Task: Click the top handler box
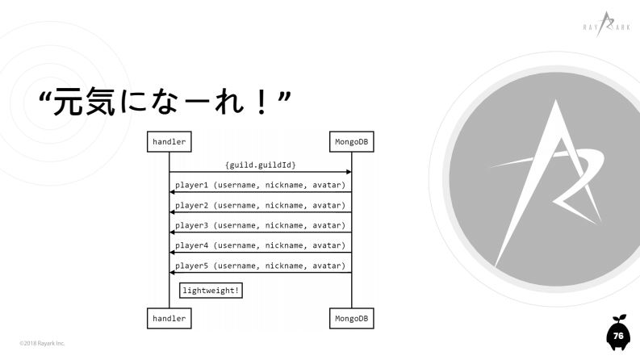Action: click(x=169, y=141)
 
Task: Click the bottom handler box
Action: click(x=169, y=318)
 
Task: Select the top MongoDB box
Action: click(x=351, y=141)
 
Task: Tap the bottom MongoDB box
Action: click(x=351, y=318)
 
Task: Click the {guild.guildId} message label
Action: click(x=261, y=165)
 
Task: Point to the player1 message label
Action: click(x=261, y=185)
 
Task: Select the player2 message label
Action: click(x=261, y=205)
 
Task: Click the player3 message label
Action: click(x=261, y=225)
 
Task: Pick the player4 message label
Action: click(x=261, y=245)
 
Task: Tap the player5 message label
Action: click(x=261, y=266)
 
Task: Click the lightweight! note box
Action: click(x=211, y=291)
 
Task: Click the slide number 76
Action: click(x=618, y=336)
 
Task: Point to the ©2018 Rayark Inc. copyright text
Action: click(x=42, y=343)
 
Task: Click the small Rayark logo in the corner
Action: click(x=607, y=24)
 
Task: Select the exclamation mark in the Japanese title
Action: click(x=261, y=102)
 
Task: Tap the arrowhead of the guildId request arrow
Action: click(x=349, y=172)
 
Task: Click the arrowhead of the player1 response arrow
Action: click(x=172, y=192)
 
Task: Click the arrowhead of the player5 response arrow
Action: click(x=172, y=273)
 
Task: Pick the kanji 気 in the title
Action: click(x=101, y=102)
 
